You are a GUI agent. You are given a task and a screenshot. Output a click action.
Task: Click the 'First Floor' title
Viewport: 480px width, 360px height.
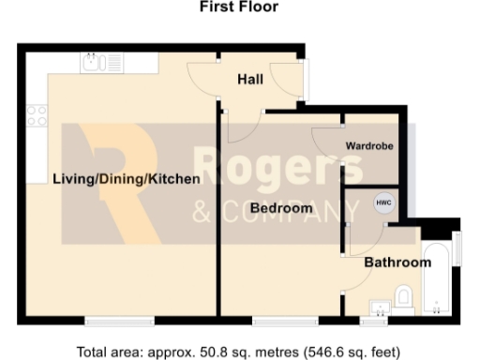pyautogui.click(x=239, y=7)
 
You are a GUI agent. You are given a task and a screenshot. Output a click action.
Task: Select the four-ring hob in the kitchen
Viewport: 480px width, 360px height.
pyautogui.click(x=37, y=115)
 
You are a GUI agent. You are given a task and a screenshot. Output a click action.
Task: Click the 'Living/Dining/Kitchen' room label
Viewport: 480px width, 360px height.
pyautogui.click(x=126, y=179)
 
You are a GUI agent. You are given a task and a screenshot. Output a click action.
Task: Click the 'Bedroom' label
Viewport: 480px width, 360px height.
pyautogui.click(x=281, y=208)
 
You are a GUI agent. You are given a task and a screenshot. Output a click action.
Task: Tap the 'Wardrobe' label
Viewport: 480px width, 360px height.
pyautogui.click(x=368, y=147)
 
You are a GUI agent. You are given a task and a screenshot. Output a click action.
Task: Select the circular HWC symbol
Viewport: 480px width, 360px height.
pyautogui.click(x=384, y=203)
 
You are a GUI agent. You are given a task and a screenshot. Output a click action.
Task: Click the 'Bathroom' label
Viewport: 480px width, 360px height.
pyautogui.click(x=397, y=262)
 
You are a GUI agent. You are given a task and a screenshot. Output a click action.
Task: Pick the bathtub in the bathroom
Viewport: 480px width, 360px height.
pyautogui.click(x=437, y=279)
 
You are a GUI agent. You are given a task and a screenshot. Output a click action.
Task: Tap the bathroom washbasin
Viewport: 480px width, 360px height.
pyautogui.click(x=381, y=306)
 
